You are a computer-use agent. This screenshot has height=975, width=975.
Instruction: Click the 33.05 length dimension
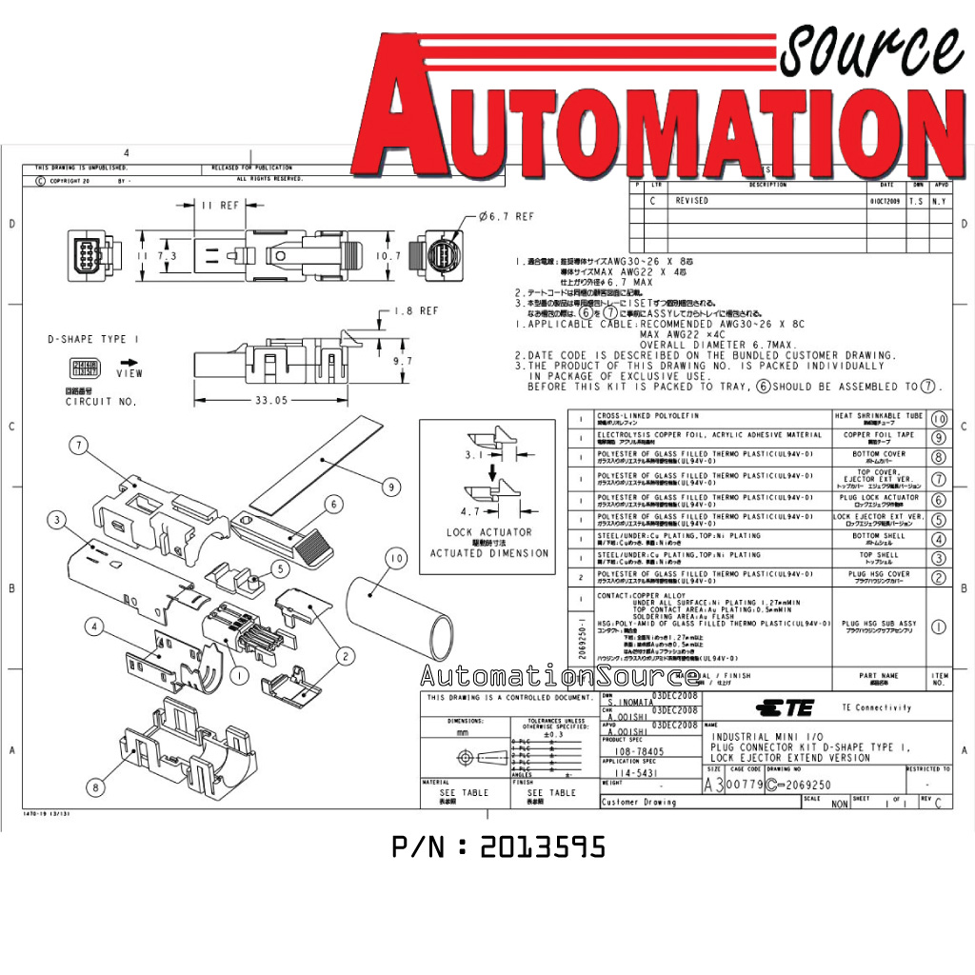pyautogui.click(x=269, y=401)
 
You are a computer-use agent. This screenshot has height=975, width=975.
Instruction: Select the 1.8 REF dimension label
pyautogui.click(x=416, y=311)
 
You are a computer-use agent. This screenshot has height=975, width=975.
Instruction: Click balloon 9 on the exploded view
pyautogui.click(x=390, y=487)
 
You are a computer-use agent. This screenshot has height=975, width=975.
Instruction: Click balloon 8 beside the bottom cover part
pyautogui.click(x=94, y=786)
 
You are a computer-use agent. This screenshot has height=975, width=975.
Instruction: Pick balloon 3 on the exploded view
pyautogui.click(x=59, y=519)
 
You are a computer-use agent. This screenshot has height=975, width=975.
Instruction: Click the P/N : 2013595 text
pyautogui.click(x=498, y=847)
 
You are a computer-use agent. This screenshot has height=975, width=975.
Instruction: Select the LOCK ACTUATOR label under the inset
pyautogui.click(x=489, y=532)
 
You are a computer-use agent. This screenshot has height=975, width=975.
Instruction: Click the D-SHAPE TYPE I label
pyautogui.click(x=93, y=339)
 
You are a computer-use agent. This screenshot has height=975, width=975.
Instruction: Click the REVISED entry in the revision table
pyautogui.click(x=692, y=201)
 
